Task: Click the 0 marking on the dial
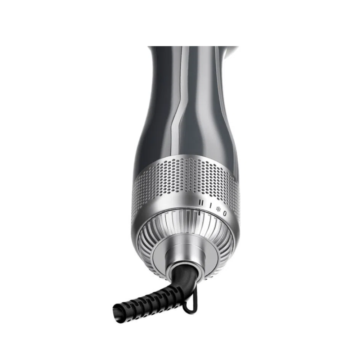click(225, 213)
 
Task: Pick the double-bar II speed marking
click(201, 203)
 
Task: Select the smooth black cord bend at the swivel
click(184, 275)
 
